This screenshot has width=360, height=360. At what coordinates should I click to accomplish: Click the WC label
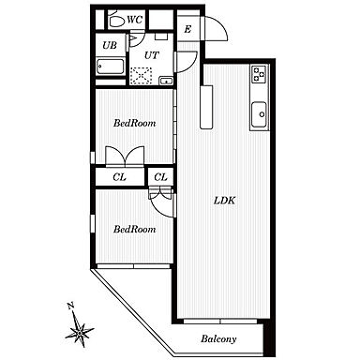tap(135, 20)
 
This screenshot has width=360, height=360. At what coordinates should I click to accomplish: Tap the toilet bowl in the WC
tap(116, 20)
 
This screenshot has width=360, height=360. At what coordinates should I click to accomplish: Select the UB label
tap(110, 45)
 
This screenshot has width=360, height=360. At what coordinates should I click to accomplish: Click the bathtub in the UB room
tap(111, 67)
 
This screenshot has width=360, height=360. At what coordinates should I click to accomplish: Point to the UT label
tap(152, 55)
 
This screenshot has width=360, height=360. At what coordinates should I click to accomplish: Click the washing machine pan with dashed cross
tap(142, 76)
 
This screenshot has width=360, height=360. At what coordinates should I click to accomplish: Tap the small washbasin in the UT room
tap(166, 81)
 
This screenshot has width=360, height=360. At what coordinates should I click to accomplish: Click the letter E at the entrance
tap(187, 29)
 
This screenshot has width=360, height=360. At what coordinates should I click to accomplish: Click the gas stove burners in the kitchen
tap(259, 74)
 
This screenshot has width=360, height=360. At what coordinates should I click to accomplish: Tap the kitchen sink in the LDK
tap(260, 114)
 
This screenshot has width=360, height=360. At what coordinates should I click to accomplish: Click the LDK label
tap(224, 201)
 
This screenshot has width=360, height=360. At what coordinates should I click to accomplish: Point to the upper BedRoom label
tap(134, 123)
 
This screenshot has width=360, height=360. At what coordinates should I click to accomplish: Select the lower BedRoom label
tap(134, 229)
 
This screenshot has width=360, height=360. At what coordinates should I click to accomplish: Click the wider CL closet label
tap(119, 177)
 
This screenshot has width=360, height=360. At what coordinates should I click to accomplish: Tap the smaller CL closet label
tap(160, 177)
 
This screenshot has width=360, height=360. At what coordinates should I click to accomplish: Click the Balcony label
tap(218, 338)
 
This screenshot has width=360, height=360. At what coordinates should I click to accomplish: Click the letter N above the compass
tap(70, 306)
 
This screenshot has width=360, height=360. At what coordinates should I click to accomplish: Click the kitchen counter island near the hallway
tap(206, 107)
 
